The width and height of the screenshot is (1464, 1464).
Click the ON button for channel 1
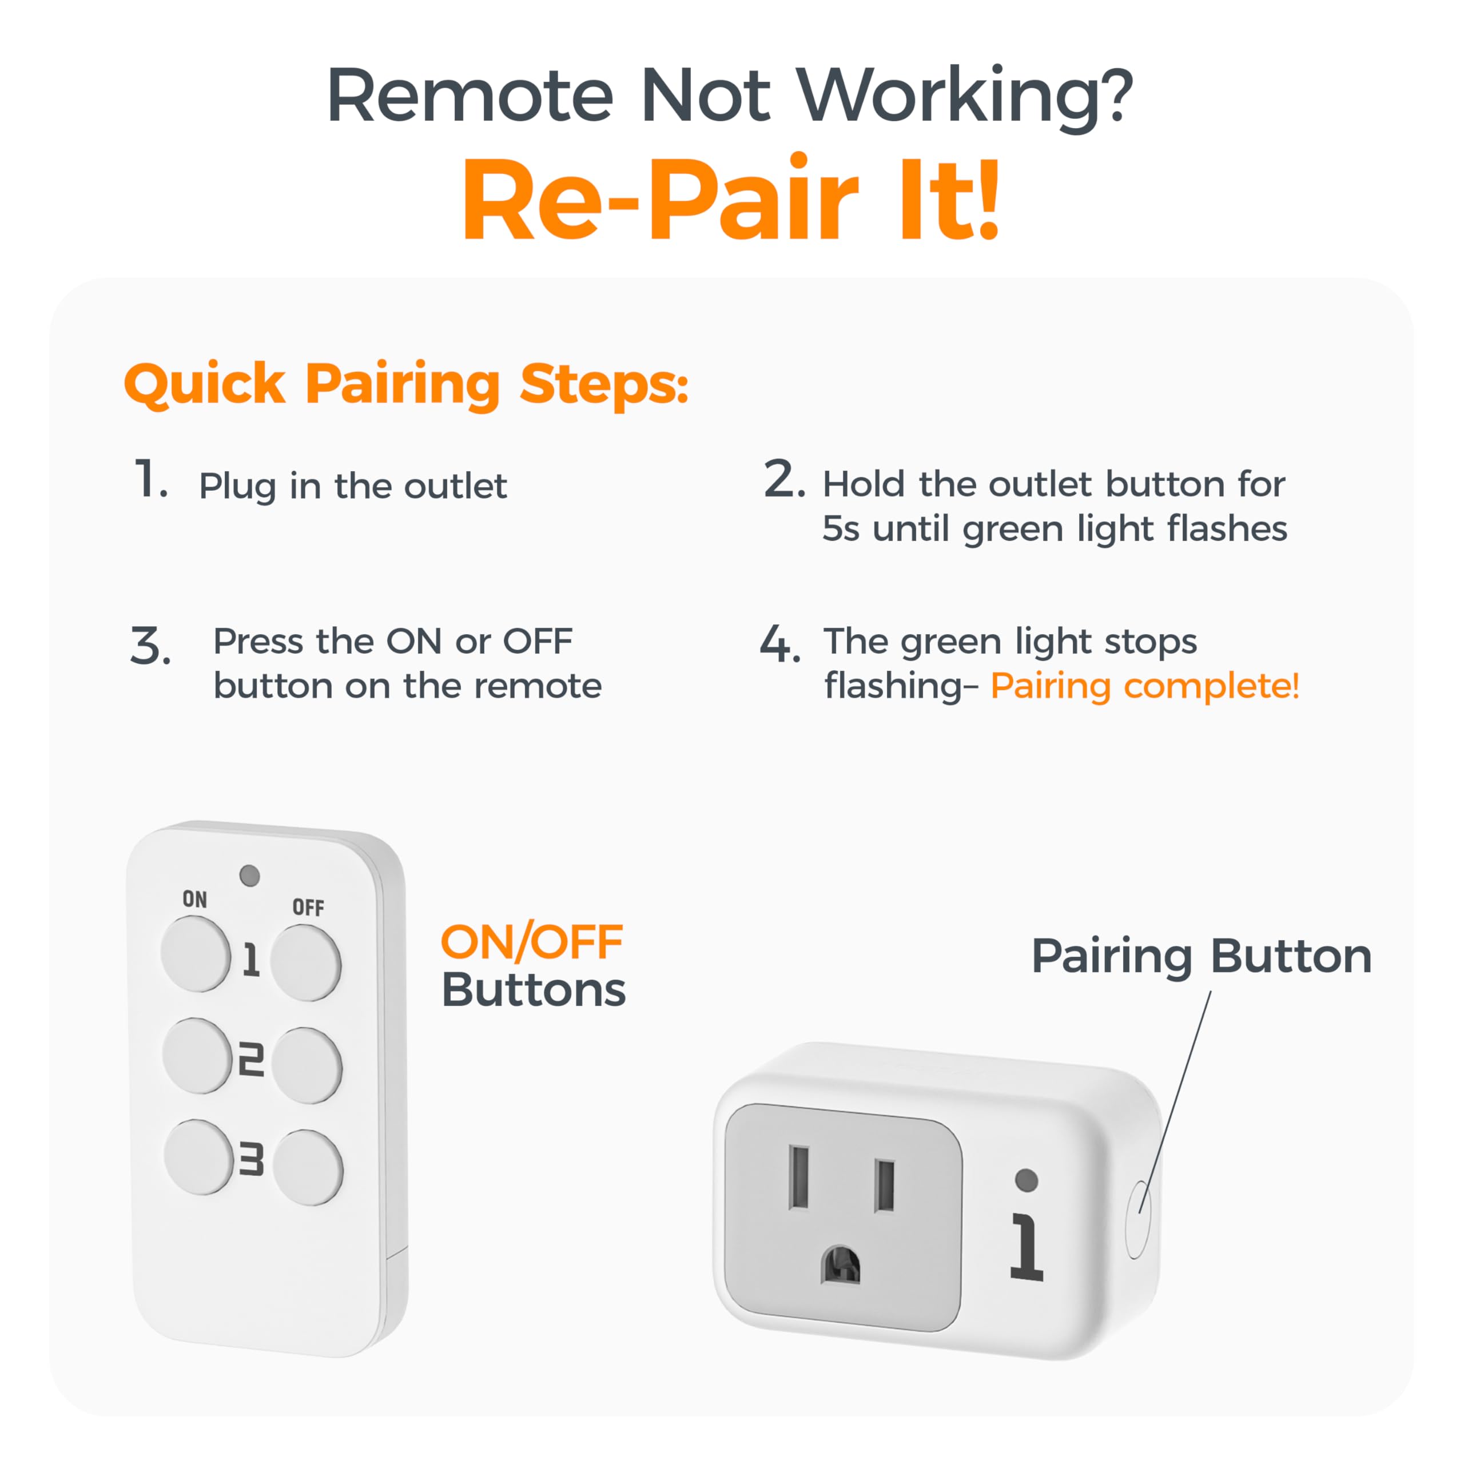[195, 953]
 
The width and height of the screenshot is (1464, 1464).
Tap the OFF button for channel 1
[305, 962]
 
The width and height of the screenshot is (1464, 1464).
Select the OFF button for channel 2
[307, 1065]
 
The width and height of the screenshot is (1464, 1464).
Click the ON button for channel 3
[198, 1157]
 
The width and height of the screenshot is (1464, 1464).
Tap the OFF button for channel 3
[308, 1167]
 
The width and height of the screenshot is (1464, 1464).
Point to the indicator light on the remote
[249, 876]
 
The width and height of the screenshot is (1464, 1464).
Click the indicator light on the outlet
[1026, 1179]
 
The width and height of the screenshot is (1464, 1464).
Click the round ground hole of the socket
[841, 1264]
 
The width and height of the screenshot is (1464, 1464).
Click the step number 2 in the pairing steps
[783, 480]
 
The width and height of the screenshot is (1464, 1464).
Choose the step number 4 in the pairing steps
[779, 644]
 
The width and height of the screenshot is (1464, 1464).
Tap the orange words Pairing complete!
[1145, 686]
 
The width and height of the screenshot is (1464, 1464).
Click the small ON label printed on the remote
[195, 899]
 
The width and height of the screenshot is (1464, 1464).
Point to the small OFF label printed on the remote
[308, 907]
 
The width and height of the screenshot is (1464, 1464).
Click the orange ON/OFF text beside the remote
[532, 942]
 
